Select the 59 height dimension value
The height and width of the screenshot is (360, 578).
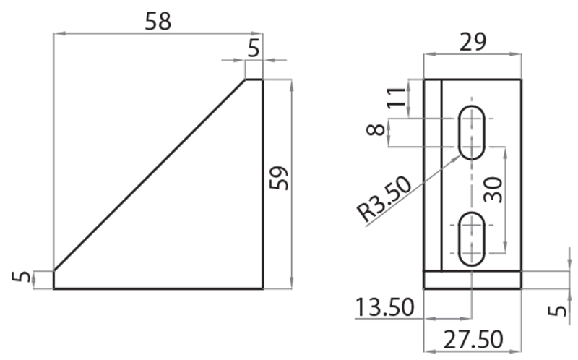coord(279,178)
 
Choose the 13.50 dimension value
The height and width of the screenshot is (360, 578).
coord(384,308)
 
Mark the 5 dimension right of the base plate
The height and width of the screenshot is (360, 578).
coord(557,309)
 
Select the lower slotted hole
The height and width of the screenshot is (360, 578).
coord(473,239)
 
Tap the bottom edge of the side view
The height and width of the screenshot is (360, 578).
coord(158,288)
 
